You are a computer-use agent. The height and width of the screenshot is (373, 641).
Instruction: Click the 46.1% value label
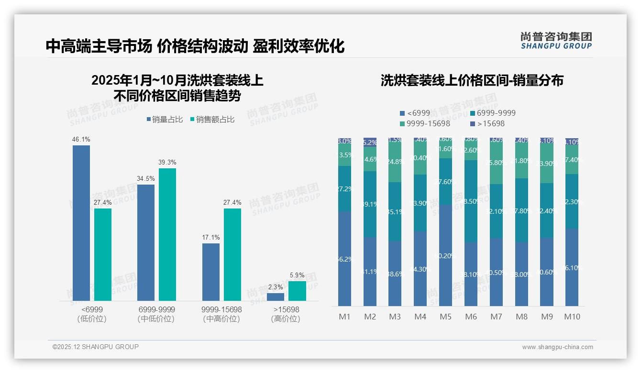point(81,140)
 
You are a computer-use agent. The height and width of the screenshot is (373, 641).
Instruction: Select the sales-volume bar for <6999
point(81,222)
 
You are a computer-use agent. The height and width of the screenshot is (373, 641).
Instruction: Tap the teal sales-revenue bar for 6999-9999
point(167,234)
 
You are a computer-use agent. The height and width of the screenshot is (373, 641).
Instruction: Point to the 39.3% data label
point(167,163)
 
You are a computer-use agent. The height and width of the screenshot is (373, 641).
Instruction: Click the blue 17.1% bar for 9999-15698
point(211,272)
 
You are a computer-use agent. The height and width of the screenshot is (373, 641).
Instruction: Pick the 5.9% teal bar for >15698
point(297,291)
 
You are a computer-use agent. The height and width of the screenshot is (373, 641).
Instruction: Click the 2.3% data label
point(276,287)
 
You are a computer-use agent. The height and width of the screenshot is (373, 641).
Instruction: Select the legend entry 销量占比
point(165,120)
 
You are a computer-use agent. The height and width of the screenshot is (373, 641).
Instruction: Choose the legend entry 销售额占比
point(213,120)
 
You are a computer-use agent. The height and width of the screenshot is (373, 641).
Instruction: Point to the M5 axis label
point(445,317)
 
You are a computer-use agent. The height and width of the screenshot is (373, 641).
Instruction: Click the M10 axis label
point(572,317)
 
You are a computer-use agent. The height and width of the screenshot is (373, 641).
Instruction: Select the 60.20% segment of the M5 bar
point(446,255)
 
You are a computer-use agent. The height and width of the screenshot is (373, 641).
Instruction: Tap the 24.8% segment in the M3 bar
point(395,162)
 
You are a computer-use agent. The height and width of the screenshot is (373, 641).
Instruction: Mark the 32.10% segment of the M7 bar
point(496,211)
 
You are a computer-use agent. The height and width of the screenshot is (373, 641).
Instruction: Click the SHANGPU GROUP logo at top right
point(556,40)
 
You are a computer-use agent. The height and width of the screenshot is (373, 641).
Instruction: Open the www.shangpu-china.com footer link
point(557,347)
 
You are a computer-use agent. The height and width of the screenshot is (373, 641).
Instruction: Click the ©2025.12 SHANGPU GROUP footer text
point(96,347)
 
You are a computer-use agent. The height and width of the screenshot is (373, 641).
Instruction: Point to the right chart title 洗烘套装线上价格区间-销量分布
point(472,80)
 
